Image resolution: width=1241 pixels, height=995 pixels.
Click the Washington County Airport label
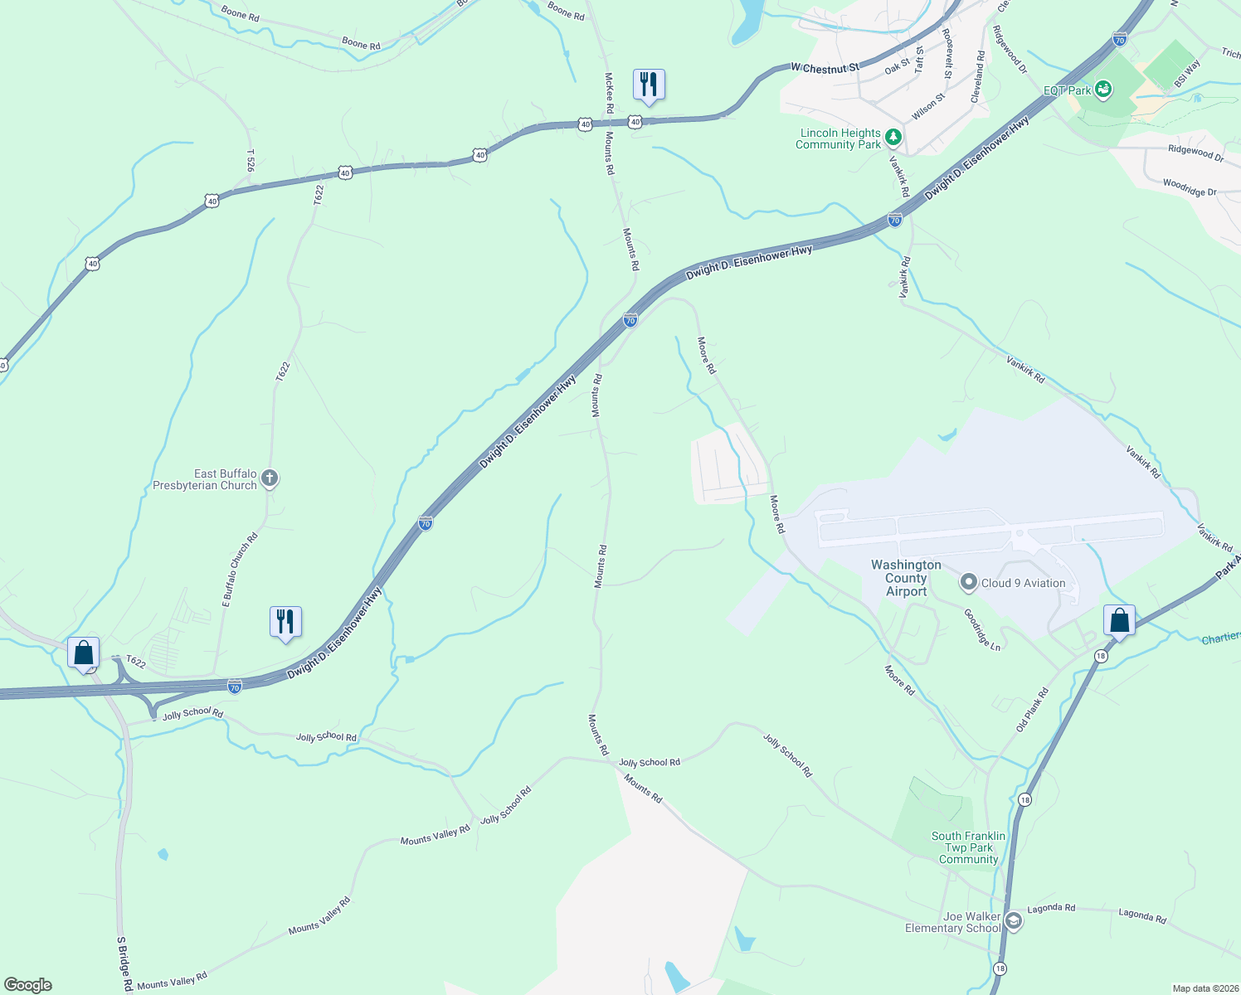(906, 578)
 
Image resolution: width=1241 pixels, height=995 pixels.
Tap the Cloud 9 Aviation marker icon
(968, 583)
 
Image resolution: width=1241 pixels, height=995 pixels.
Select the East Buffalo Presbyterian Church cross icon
(269, 478)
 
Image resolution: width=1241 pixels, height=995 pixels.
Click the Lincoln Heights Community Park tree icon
(893, 137)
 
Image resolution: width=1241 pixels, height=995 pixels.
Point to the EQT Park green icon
(1102, 88)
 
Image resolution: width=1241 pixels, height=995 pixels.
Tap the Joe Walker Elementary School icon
(1013, 921)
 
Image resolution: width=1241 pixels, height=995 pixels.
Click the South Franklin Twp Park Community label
(968, 847)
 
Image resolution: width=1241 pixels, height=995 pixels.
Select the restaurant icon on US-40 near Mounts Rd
(649, 85)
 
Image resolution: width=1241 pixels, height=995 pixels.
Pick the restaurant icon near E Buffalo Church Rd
(285, 621)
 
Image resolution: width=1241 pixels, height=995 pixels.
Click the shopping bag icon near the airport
(1119, 620)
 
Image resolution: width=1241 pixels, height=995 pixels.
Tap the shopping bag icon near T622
(84, 653)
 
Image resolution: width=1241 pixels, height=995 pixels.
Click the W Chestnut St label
(825, 68)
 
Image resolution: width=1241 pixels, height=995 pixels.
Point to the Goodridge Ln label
(982, 629)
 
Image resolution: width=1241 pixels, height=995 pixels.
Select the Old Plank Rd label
(1033, 710)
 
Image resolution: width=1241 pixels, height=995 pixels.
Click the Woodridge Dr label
(1189, 187)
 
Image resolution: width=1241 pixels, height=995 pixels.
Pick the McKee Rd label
(609, 92)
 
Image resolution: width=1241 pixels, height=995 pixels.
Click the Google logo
(28, 985)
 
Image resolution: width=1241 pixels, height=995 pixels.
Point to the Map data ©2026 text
(1204, 988)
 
